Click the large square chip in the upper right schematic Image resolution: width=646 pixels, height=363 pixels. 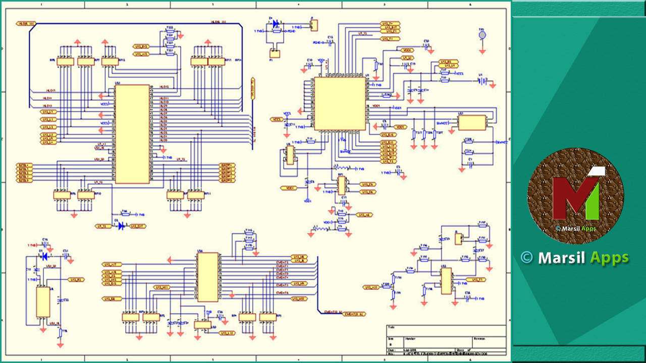339,103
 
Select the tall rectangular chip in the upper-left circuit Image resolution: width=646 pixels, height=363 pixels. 132,134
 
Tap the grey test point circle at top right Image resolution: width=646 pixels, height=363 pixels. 482,35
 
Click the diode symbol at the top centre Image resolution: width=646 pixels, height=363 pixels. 276,24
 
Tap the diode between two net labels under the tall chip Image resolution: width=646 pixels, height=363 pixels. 121,226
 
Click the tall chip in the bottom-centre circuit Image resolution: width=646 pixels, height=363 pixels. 207,277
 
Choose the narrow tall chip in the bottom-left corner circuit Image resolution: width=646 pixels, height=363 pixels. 43,302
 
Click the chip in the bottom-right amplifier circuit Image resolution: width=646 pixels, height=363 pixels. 446,281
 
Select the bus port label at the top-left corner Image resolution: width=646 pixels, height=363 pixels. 26,23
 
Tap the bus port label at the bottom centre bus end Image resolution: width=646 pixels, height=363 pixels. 354,314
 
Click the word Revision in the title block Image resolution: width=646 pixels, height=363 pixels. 479,338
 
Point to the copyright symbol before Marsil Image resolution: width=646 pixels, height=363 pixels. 527,258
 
